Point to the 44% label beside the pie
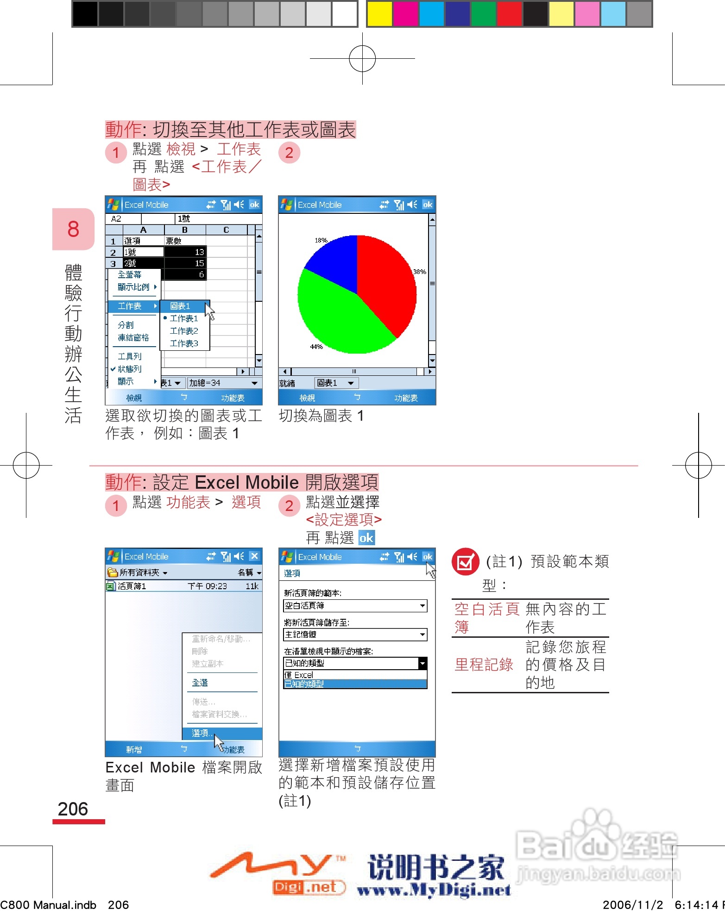316,347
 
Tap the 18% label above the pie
321,240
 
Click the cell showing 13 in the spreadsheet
185,252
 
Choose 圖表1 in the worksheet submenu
181,306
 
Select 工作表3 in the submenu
184,343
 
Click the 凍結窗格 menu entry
133,337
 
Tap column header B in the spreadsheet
185,230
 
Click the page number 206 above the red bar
73,809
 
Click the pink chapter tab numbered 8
73,229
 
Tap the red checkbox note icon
465,561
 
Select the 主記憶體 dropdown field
355,635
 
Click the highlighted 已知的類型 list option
355,684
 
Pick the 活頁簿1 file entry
132,586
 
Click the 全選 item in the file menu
200,683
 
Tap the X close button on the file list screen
254,556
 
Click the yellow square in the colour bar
379,14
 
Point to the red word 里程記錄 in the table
484,665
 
